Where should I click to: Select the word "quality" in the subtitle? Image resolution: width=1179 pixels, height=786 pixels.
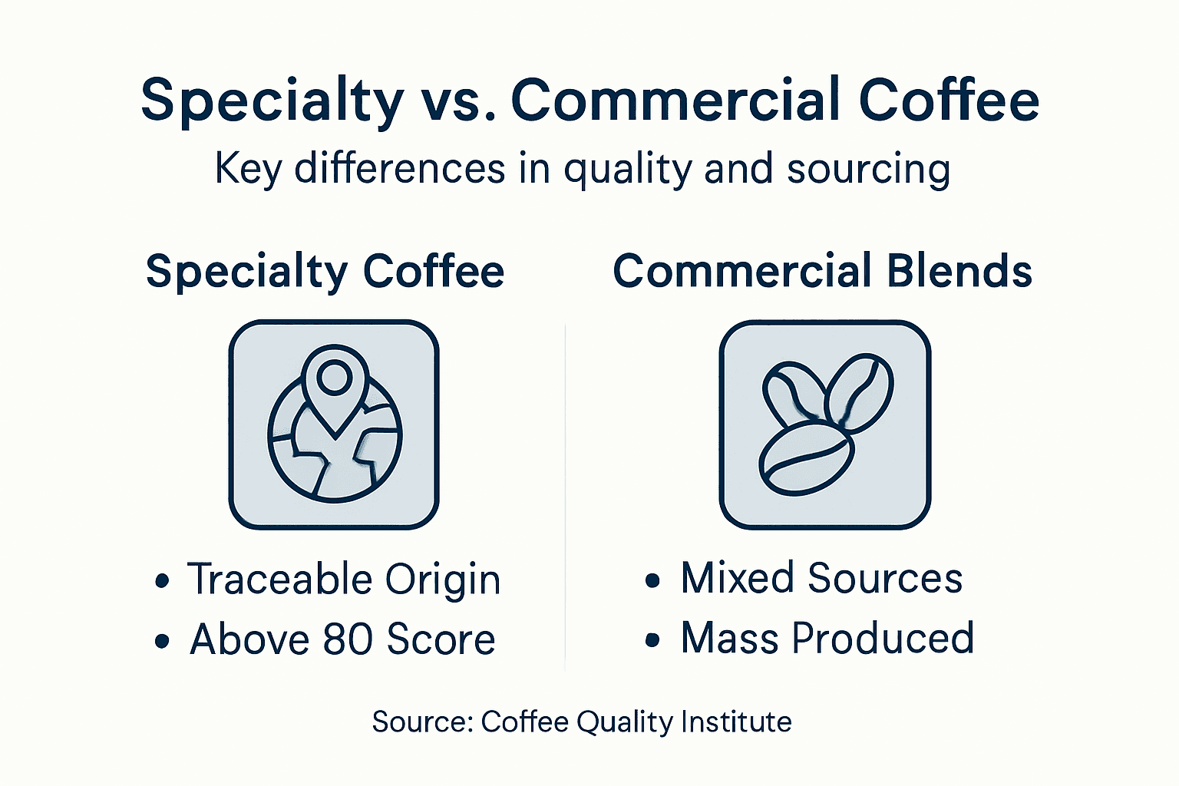tap(627, 170)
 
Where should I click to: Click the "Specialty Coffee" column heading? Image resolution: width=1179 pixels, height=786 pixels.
tap(325, 272)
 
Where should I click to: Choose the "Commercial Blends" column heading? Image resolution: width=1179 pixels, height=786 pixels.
tap(822, 272)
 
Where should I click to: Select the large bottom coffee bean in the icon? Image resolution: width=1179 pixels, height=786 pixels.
tap(805, 458)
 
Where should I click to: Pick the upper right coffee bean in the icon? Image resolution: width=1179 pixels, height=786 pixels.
tap(860, 391)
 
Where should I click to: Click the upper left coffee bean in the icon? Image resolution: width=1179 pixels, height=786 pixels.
tap(791, 393)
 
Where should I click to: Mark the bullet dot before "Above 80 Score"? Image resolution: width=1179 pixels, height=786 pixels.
tap(161, 641)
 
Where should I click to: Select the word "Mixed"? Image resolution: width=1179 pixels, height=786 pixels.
tap(737, 578)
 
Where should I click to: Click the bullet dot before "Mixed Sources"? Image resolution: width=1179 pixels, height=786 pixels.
tap(652, 580)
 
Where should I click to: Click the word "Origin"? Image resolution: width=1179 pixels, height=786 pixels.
tap(443, 580)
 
